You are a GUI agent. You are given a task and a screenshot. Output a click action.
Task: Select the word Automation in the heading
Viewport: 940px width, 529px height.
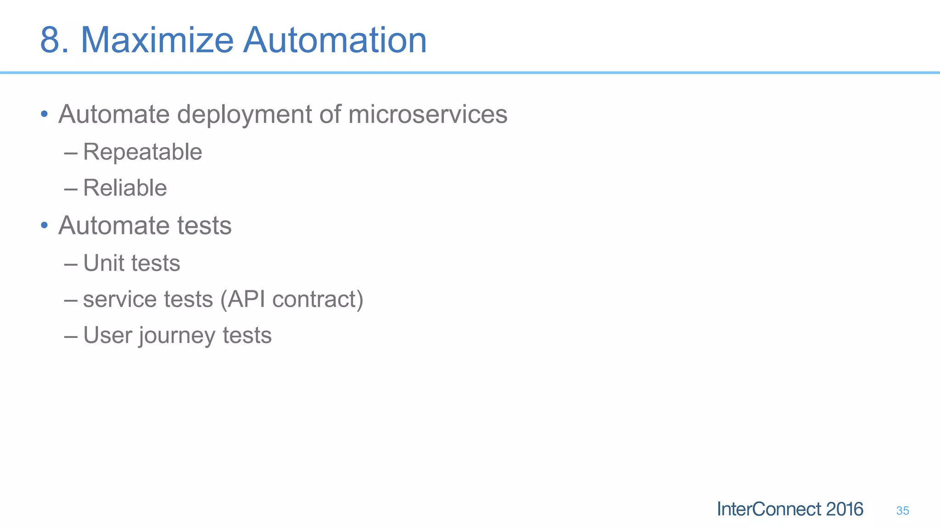tap(335, 40)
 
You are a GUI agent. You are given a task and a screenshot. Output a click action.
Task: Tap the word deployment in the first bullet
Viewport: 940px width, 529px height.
tap(245, 114)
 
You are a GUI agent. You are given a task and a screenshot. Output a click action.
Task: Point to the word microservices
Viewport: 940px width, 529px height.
tap(428, 114)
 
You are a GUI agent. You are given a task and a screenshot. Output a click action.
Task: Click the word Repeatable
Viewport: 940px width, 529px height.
tap(142, 152)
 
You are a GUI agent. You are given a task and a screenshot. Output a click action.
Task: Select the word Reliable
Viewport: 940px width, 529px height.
tap(125, 188)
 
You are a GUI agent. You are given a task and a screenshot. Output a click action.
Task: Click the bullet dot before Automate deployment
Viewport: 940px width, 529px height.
tap(44, 114)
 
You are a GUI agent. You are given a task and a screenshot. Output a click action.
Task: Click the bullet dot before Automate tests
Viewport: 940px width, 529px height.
tap(44, 225)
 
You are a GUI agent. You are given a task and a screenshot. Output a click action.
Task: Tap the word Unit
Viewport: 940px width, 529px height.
tap(103, 263)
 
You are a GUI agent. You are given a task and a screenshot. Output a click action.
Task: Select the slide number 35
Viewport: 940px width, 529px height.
tap(902, 511)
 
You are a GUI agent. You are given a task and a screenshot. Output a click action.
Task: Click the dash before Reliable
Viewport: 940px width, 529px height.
tap(71, 188)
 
